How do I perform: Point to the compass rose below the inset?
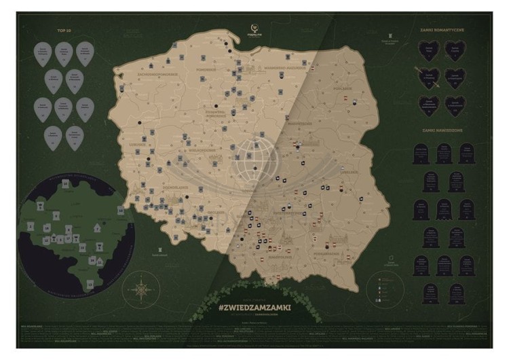click(141, 289)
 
